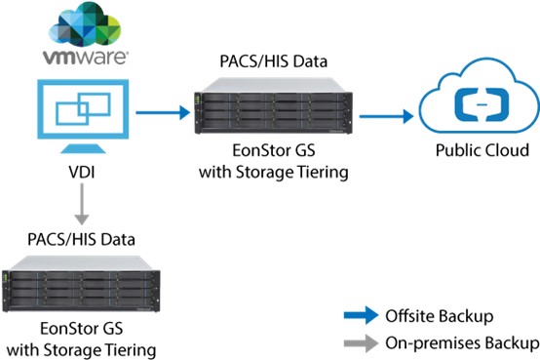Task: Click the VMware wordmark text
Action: tap(86, 58)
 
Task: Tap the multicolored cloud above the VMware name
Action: tap(85, 23)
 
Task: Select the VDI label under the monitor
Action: tap(82, 172)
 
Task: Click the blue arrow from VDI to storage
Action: tap(163, 112)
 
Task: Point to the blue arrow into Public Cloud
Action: tap(386, 116)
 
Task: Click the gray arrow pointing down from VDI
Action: tap(82, 204)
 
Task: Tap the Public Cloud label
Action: tap(482, 150)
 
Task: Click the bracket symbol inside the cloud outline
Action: tap(482, 104)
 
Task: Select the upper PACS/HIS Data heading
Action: tap(274, 61)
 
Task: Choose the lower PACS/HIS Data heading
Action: tap(81, 240)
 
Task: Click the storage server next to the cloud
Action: tap(274, 106)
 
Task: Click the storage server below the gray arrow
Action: tap(81, 284)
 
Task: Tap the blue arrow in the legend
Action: tap(362, 315)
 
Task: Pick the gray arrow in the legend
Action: tap(362, 343)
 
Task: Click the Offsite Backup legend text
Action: tap(440, 316)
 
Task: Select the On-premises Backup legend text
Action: tap(462, 343)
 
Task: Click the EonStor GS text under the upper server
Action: tap(274, 150)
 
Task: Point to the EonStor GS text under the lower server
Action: tap(82, 329)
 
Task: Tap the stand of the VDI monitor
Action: tap(83, 148)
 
